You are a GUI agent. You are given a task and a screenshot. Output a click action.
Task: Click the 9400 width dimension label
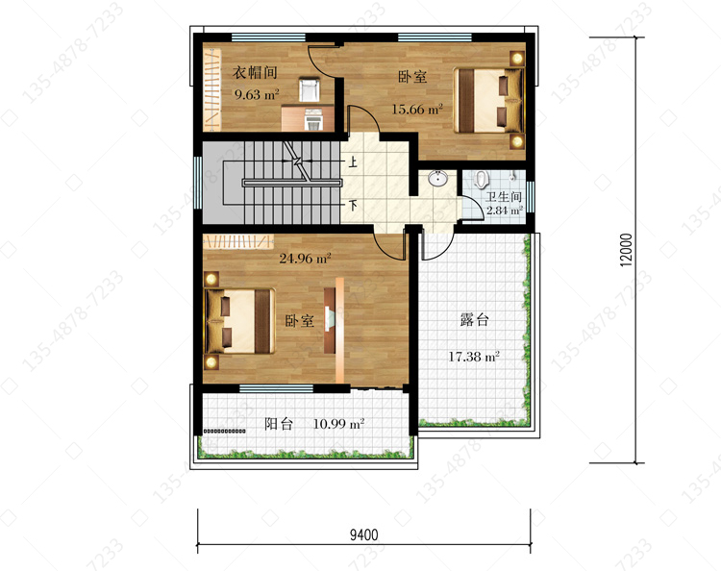point(363,534)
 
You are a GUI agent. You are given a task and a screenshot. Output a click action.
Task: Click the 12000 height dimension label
point(626,250)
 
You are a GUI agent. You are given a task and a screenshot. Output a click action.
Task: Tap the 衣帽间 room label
point(255,72)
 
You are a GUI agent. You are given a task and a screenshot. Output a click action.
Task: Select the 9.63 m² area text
point(257,94)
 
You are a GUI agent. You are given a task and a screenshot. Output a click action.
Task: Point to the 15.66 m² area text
point(417,109)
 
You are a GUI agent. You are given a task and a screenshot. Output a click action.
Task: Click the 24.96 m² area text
point(306,258)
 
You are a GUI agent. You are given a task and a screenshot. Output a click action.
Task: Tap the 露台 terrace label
point(474,319)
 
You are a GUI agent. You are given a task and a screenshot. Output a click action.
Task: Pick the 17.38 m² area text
point(474,356)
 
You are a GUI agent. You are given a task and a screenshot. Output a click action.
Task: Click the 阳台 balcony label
point(279,423)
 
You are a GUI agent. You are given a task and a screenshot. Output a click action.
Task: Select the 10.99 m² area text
point(339,423)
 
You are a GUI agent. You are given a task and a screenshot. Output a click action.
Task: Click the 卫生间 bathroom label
point(504,197)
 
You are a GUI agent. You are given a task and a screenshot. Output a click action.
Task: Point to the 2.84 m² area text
point(505,211)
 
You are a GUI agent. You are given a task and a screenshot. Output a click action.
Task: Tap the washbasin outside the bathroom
point(437,178)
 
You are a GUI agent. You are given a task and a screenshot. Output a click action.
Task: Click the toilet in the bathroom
point(481,179)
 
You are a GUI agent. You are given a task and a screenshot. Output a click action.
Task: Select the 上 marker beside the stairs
point(353,161)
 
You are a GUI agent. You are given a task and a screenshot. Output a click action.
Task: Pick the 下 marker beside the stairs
point(353,205)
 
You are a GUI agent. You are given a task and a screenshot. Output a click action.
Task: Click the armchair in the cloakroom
point(310,89)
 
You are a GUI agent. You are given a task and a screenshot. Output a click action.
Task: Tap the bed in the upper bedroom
point(488,101)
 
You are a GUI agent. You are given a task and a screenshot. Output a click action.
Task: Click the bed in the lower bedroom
point(239,321)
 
